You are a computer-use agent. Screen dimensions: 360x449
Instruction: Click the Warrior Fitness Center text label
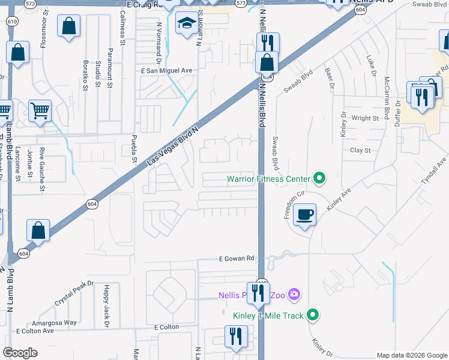point(268,179)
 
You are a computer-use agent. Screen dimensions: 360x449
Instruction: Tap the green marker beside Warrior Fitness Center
point(319,178)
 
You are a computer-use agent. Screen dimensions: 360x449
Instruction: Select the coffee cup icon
point(305,214)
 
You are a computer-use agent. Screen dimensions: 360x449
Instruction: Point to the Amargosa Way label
point(55,322)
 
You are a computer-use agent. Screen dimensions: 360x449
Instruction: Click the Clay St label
point(360,151)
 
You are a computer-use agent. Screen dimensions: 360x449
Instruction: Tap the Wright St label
point(366,118)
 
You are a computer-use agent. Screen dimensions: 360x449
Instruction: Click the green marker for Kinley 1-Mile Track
point(312,314)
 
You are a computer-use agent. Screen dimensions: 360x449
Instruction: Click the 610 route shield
point(12,22)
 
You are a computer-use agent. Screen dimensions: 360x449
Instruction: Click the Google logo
point(20,353)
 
